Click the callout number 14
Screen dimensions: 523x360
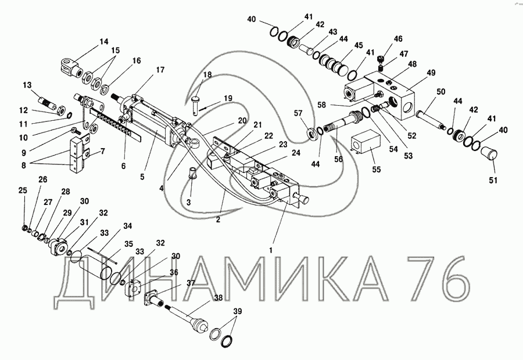click(x=104, y=42)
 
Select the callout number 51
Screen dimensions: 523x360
click(x=493, y=181)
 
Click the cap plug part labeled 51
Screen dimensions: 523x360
click(x=489, y=154)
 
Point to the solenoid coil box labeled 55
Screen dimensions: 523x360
click(x=367, y=145)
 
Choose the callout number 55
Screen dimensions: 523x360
click(x=376, y=170)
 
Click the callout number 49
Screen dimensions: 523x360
click(x=431, y=73)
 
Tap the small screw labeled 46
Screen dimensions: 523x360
click(x=381, y=60)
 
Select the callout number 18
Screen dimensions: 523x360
click(x=207, y=75)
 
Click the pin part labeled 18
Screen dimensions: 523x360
click(x=195, y=105)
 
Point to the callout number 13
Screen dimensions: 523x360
click(x=27, y=85)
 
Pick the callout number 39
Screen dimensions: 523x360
click(x=238, y=311)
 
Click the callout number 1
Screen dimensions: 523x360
click(x=271, y=250)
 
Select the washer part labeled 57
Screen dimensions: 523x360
click(x=312, y=134)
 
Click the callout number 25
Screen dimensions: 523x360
click(x=23, y=190)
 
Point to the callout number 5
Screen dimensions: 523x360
click(x=142, y=177)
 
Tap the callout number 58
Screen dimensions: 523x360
click(x=321, y=105)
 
